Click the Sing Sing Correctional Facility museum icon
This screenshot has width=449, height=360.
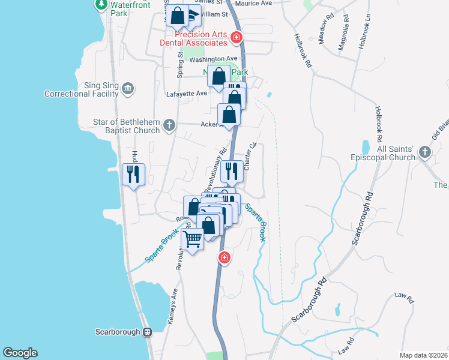point(127,89)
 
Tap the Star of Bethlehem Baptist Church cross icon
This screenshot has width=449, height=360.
point(169,125)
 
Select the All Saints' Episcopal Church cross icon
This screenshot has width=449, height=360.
point(425,152)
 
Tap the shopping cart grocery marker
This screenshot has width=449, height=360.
point(193,240)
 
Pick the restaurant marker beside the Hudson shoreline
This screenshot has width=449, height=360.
point(133,175)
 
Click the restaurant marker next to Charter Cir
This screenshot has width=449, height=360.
point(231,172)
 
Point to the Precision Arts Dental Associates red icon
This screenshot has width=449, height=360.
point(237,38)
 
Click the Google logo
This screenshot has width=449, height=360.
point(20,353)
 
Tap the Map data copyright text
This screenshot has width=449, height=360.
point(423,355)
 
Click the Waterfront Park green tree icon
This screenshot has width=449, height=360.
point(101,5)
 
